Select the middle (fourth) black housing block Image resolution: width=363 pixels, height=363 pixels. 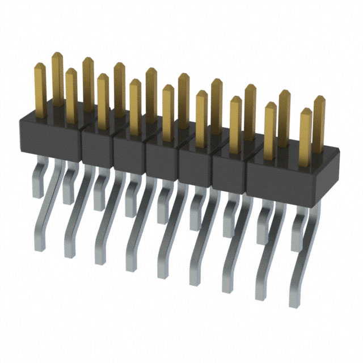click(x=162, y=154)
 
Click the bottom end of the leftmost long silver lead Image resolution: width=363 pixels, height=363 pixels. click(x=69, y=252)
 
